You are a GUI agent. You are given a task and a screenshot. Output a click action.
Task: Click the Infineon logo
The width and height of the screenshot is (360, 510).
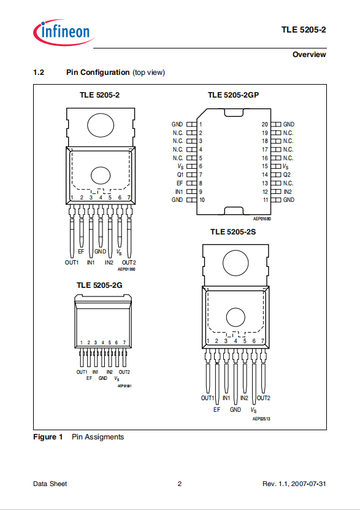click(64, 32)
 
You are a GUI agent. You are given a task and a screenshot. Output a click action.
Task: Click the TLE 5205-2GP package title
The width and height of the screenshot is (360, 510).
click(233, 95)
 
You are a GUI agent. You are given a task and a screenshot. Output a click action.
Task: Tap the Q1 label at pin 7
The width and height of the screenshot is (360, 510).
click(180, 175)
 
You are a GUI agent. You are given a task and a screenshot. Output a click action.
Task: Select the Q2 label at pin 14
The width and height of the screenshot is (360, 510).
click(287, 175)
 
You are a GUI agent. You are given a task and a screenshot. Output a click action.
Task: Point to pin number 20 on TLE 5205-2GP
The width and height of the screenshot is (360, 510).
click(265, 124)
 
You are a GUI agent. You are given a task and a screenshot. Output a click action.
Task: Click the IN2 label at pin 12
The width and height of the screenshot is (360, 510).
click(288, 192)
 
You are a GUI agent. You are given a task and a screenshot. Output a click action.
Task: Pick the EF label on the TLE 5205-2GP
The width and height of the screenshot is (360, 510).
click(180, 183)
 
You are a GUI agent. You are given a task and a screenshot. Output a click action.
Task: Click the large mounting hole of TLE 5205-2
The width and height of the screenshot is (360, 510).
click(101, 125)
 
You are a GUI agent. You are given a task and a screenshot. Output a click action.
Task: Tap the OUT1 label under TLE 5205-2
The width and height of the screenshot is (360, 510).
click(72, 263)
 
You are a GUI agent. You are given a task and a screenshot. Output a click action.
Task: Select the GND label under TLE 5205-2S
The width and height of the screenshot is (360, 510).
click(236, 409)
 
